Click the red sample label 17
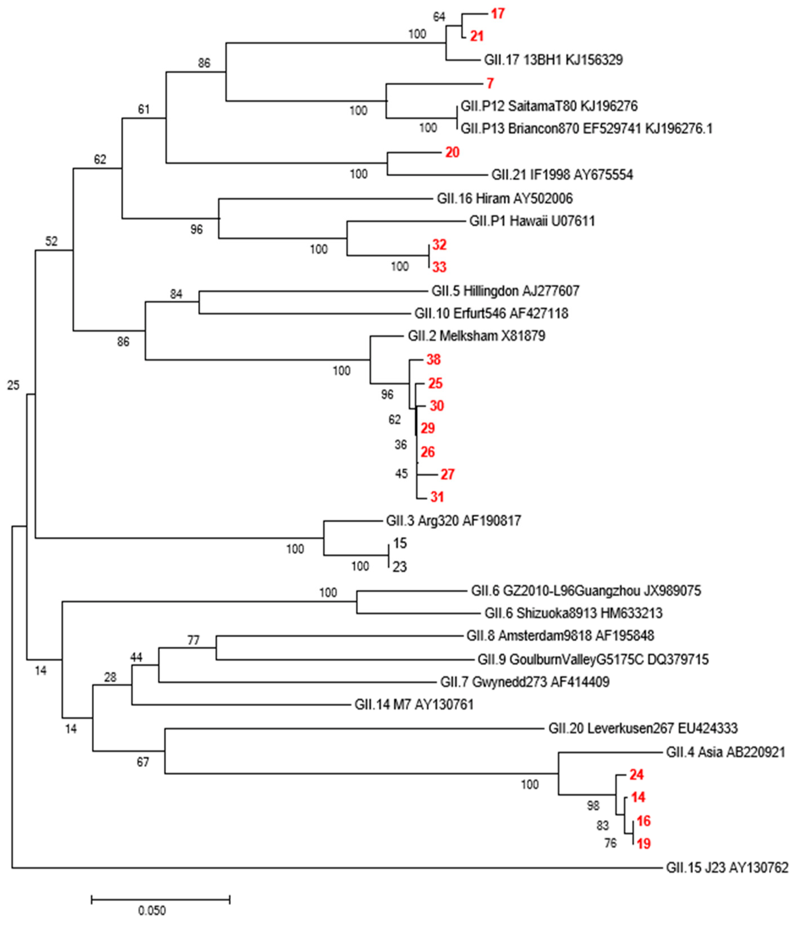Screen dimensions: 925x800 (x=498, y=14)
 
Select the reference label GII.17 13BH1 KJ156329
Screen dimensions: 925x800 (x=553, y=60)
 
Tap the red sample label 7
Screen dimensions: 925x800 (x=490, y=83)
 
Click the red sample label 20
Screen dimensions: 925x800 (x=452, y=152)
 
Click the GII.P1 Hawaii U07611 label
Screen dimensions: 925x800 (x=532, y=221)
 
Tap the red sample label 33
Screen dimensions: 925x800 (x=439, y=267)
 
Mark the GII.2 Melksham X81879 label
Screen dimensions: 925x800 (x=476, y=336)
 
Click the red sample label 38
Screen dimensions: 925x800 (x=433, y=360)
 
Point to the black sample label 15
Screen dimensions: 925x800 (x=400, y=543)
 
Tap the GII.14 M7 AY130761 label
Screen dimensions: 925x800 (x=414, y=705)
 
